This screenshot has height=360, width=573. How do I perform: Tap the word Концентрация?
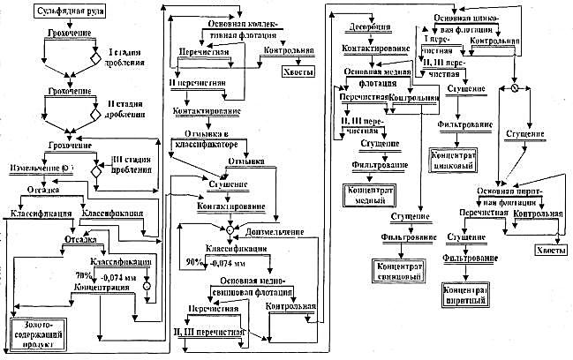coord(98,287)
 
